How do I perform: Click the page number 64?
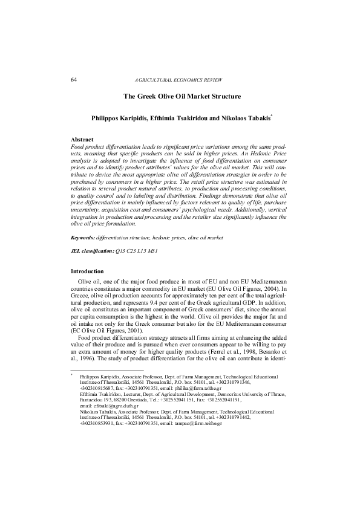[73, 80]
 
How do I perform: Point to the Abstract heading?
[82, 140]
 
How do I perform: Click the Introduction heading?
[87, 271]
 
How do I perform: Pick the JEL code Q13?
[120, 267]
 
